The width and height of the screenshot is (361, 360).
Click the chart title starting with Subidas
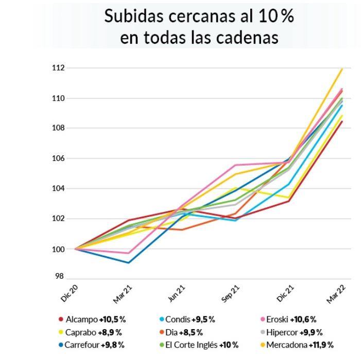199,26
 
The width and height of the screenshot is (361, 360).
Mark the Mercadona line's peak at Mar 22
342,68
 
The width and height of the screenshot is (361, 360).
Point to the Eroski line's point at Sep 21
235,165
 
